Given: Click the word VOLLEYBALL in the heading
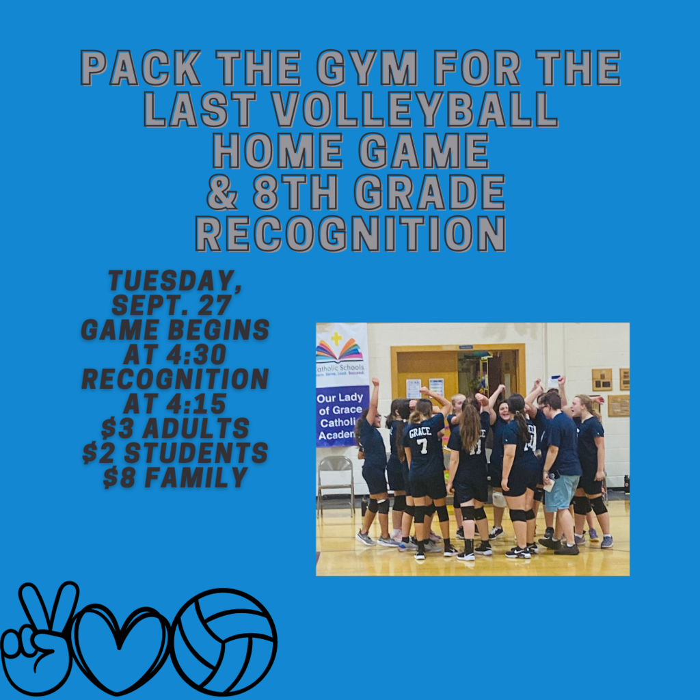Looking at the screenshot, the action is (x=415, y=109).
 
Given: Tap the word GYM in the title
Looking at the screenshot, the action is (x=367, y=68).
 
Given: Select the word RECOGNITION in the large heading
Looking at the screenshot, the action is (x=351, y=234).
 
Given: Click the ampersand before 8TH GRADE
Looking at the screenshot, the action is (x=222, y=192).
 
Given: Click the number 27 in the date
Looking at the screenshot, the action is (x=215, y=306).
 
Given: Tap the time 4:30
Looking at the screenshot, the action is (x=196, y=355).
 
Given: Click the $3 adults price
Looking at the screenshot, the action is (x=175, y=428).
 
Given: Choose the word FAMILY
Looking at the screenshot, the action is (x=196, y=477).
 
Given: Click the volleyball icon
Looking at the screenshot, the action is (x=224, y=643).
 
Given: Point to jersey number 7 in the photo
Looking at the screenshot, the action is (x=422, y=445).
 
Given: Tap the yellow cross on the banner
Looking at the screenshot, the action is (x=336, y=338).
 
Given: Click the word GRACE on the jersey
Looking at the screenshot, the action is (x=420, y=431).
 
